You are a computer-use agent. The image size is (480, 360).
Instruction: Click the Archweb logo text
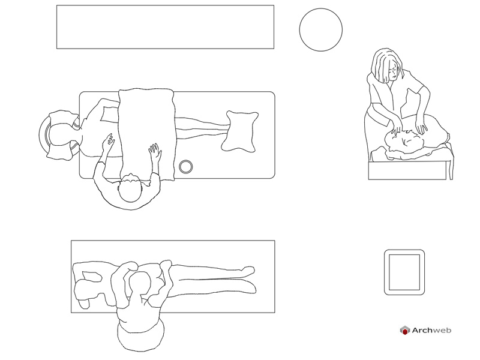point(431,330)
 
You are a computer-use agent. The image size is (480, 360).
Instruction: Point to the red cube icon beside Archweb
point(404,331)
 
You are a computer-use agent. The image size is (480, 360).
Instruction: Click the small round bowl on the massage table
point(186,167)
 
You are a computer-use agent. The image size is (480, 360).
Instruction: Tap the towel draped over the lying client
point(147,134)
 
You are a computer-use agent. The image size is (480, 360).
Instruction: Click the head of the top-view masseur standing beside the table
point(130,188)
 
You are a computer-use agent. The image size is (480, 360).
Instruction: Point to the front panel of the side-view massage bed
point(407,170)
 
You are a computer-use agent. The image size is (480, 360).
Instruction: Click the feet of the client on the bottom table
point(250,278)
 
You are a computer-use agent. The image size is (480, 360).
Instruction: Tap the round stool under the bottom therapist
point(140,336)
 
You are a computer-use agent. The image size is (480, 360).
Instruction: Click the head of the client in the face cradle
point(61,134)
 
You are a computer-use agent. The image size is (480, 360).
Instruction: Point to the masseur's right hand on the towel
point(155,151)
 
